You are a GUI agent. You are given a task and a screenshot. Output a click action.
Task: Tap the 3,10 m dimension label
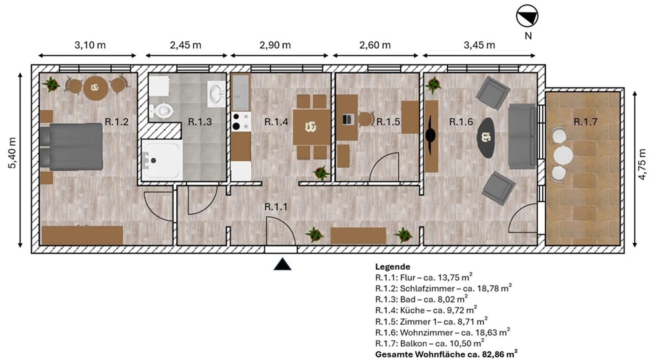click(90, 45)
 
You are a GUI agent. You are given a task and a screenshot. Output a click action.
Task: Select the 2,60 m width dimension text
click(375, 45)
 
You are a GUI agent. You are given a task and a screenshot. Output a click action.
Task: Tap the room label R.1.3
click(200, 122)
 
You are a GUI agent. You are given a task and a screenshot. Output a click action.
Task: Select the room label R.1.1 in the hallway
click(276, 207)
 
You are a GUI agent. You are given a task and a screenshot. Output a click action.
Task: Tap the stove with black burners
click(241, 121)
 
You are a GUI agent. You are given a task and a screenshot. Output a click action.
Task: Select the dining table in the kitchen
click(311, 127)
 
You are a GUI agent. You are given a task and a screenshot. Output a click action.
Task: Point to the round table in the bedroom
click(96, 88)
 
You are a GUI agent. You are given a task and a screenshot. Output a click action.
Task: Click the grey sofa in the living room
click(522, 136)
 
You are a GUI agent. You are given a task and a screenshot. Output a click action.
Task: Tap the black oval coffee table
click(486, 138)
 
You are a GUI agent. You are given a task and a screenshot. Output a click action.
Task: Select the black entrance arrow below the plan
click(282, 264)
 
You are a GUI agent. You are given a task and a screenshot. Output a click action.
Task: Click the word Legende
click(393, 267)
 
